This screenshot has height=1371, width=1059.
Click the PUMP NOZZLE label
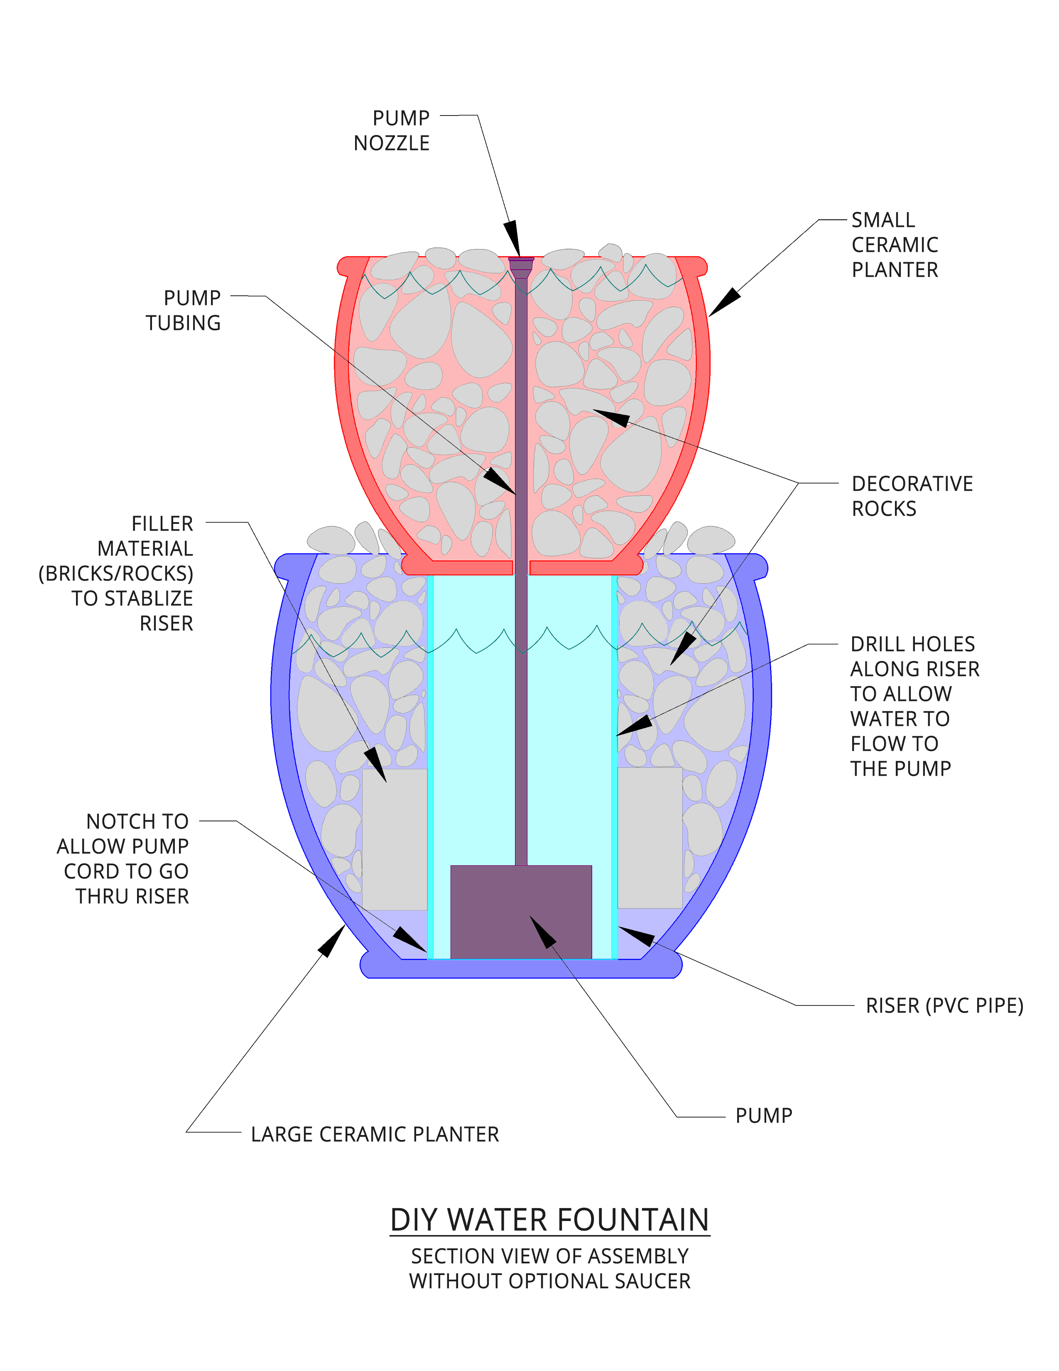click(x=392, y=130)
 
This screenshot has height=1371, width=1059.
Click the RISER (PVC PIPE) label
click(x=944, y=1006)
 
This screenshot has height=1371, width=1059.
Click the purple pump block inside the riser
click(x=521, y=912)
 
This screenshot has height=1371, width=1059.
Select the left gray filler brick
click(x=395, y=839)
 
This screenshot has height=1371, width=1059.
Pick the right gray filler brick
click(x=650, y=838)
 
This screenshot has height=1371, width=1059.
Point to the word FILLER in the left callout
click(x=162, y=523)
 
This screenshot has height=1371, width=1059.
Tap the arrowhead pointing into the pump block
click(x=542, y=931)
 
